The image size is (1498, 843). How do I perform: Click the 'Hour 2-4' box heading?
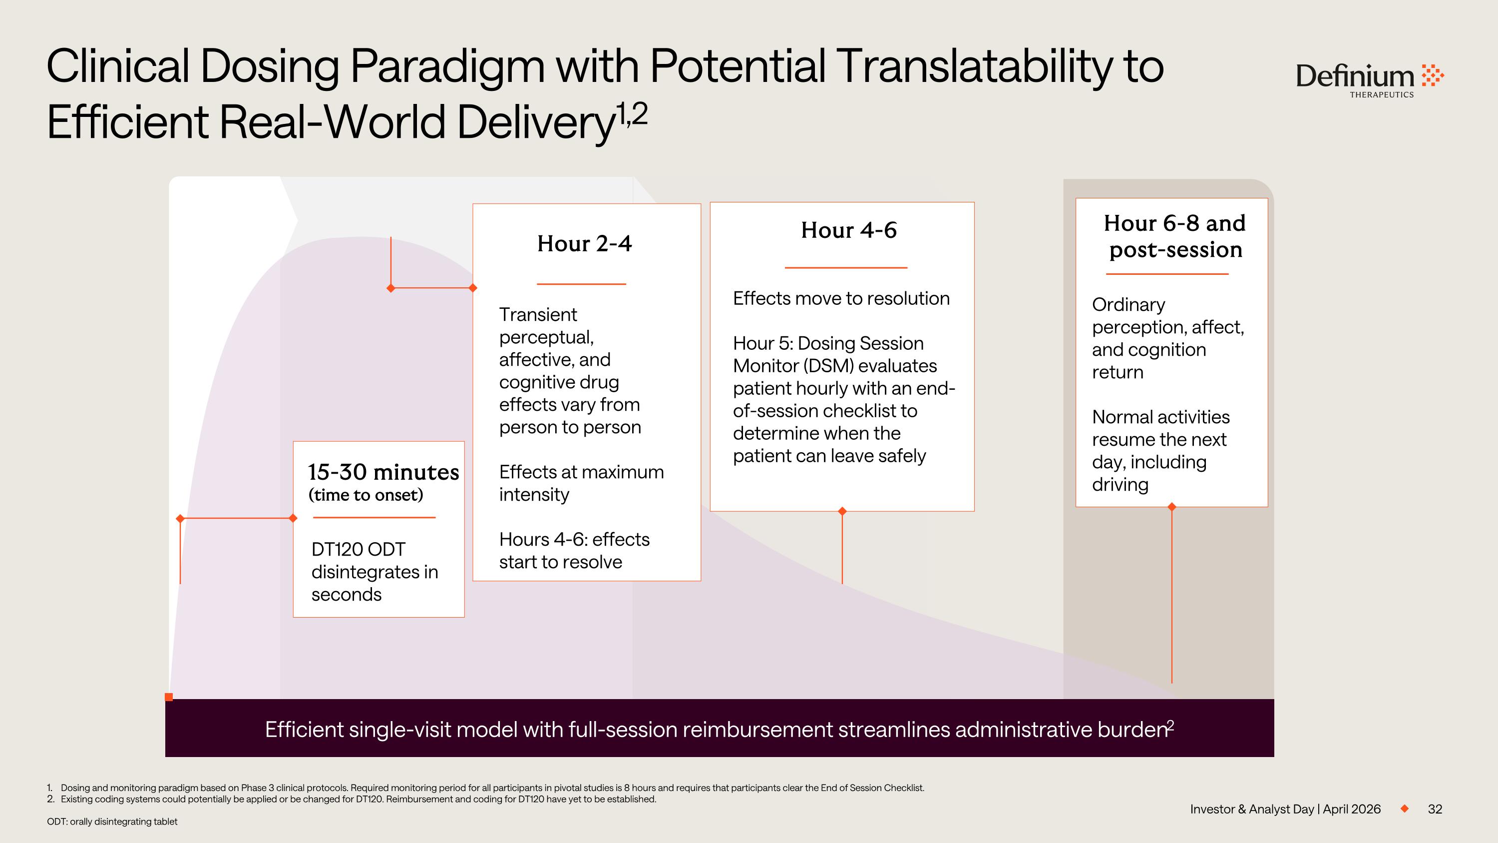(x=584, y=244)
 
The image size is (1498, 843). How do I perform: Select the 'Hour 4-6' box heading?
(x=848, y=230)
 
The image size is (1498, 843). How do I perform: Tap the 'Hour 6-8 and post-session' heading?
(x=1174, y=236)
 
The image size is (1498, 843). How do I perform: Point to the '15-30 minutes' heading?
(x=382, y=472)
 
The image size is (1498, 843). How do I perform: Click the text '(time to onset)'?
(x=365, y=495)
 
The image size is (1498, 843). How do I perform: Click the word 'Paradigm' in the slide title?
(x=447, y=66)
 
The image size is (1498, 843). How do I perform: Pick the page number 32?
(x=1435, y=809)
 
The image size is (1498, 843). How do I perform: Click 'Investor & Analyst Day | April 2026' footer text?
(x=1285, y=809)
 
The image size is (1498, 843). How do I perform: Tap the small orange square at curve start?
(x=169, y=697)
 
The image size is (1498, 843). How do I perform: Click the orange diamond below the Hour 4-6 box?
(x=842, y=511)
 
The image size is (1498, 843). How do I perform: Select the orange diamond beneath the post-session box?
(x=1172, y=507)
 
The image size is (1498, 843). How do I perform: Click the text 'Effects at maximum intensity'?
(x=580, y=483)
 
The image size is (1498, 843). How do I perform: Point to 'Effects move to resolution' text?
(x=841, y=298)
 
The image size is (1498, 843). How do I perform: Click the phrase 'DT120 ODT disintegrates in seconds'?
(x=374, y=572)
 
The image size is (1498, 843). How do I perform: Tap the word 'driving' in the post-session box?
(x=1120, y=485)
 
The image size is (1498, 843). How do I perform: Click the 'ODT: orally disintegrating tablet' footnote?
(x=112, y=822)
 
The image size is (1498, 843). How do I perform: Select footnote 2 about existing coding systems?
(x=358, y=800)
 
